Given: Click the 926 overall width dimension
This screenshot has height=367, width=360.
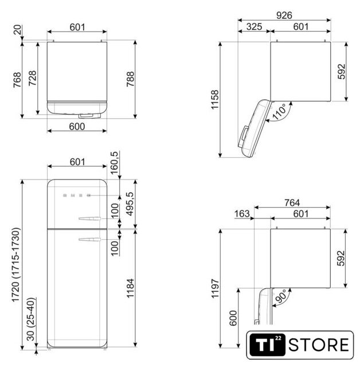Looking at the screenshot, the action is [x=284, y=15].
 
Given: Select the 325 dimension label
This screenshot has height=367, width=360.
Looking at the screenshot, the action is [x=254, y=27].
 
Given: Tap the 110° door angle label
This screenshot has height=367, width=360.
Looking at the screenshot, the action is [x=279, y=112].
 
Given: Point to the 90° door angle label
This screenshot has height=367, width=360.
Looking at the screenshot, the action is [x=281, y=296].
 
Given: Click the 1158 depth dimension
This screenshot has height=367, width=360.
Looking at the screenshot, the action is [x=214, y=99].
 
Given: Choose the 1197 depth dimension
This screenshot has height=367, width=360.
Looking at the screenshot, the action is [x=215, y=288].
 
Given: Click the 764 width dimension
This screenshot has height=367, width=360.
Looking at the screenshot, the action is [x=292, y=202].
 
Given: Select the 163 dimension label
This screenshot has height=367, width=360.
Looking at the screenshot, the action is [x=242, y=214].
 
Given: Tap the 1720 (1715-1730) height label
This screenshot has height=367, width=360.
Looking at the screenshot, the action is [x=16, y=265].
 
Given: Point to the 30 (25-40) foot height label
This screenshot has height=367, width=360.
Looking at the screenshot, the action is [x=30, y=319].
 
